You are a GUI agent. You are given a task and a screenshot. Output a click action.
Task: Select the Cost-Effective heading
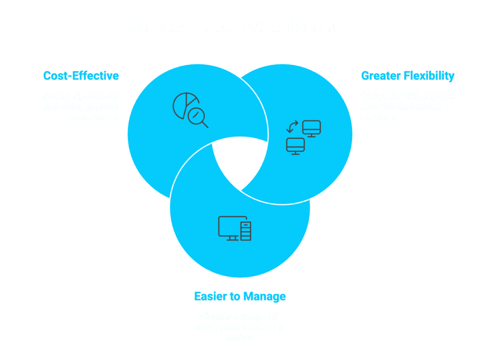click(x=81, y=75)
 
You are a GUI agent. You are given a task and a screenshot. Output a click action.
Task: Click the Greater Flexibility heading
click(x=408, y=75)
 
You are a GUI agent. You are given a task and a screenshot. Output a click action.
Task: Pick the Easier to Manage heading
click(x=240, y=296)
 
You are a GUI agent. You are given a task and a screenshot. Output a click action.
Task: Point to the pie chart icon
click(x=184, y=104)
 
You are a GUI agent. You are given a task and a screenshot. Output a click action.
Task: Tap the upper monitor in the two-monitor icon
click(x=311, y=128)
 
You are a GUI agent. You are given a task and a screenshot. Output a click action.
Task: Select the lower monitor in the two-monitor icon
click(x=295, y=145)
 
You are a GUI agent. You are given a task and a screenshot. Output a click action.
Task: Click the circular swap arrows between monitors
click(x=292, y=127)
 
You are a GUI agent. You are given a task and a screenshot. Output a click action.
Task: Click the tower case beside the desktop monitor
click(x=246, y=231)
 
